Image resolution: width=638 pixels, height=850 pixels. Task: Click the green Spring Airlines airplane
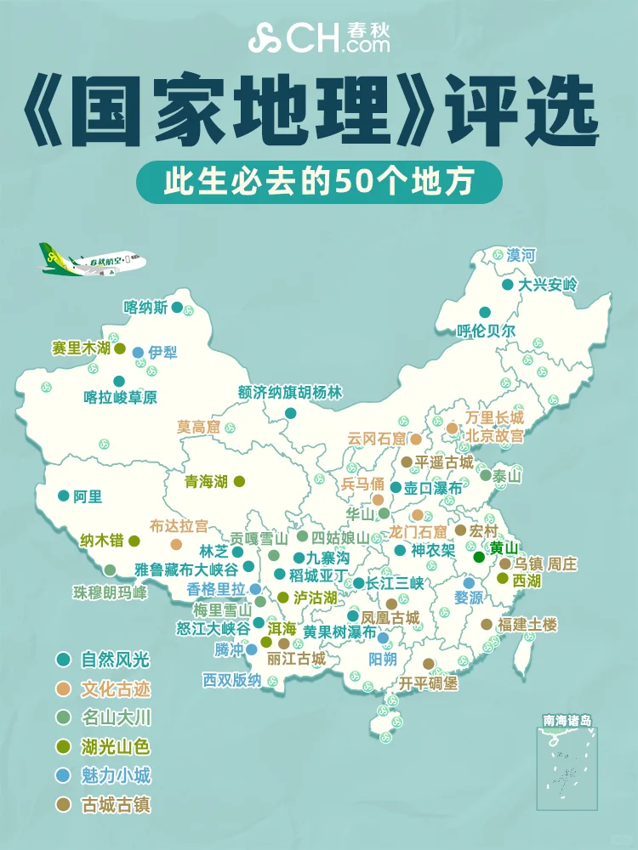[89, 261]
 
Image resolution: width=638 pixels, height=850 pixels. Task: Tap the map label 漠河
[521, 254]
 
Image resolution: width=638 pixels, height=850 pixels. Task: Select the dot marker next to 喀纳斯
[177, 307]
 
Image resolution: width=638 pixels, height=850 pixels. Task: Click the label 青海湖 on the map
[207, 481]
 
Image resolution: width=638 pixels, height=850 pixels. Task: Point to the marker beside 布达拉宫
[176, 544]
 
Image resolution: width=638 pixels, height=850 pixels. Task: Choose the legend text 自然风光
[116, 660]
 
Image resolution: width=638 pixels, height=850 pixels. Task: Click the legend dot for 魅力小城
[63, 775]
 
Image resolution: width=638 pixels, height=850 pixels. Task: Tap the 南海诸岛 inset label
[567, 721]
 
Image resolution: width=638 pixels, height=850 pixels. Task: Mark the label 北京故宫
[494, 435]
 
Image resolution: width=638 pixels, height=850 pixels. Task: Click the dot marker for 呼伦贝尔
[484, 312]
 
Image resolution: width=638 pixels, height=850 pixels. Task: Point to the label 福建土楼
[527, 625]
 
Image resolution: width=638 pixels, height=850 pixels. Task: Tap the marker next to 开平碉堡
[428, 664]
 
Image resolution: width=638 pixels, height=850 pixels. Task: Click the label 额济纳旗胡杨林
[290, 392]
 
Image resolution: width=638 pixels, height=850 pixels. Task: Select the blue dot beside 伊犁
[138, 352]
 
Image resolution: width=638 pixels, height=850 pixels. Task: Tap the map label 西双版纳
[231, 680]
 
